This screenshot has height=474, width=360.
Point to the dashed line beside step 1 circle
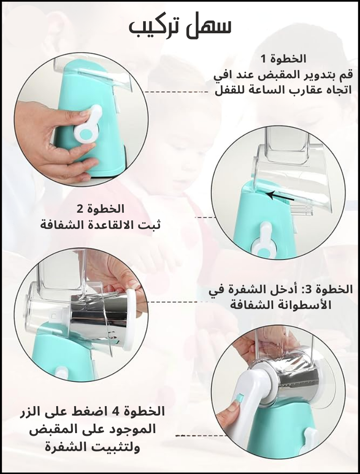point(176,92)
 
